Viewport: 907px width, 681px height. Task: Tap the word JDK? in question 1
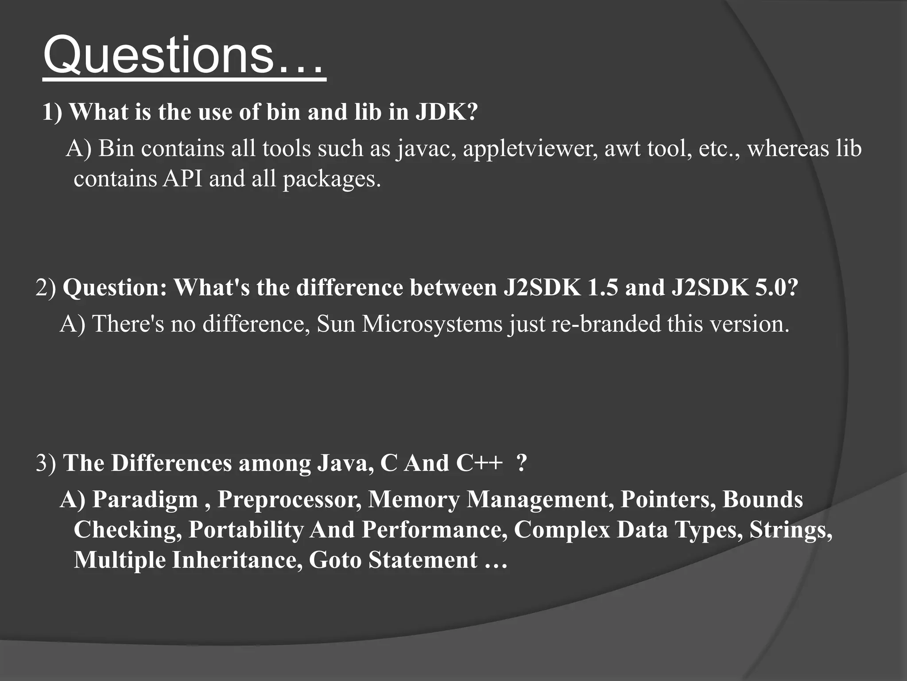point(446,111)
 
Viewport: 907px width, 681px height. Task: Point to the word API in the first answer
point(182,179)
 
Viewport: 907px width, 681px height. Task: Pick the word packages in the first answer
point(331,180)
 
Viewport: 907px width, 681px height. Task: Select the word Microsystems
point(432,324)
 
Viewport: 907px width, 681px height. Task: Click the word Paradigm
point(145,500)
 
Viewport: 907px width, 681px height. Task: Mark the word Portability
point(246,530)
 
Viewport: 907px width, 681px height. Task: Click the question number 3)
point(46,463)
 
